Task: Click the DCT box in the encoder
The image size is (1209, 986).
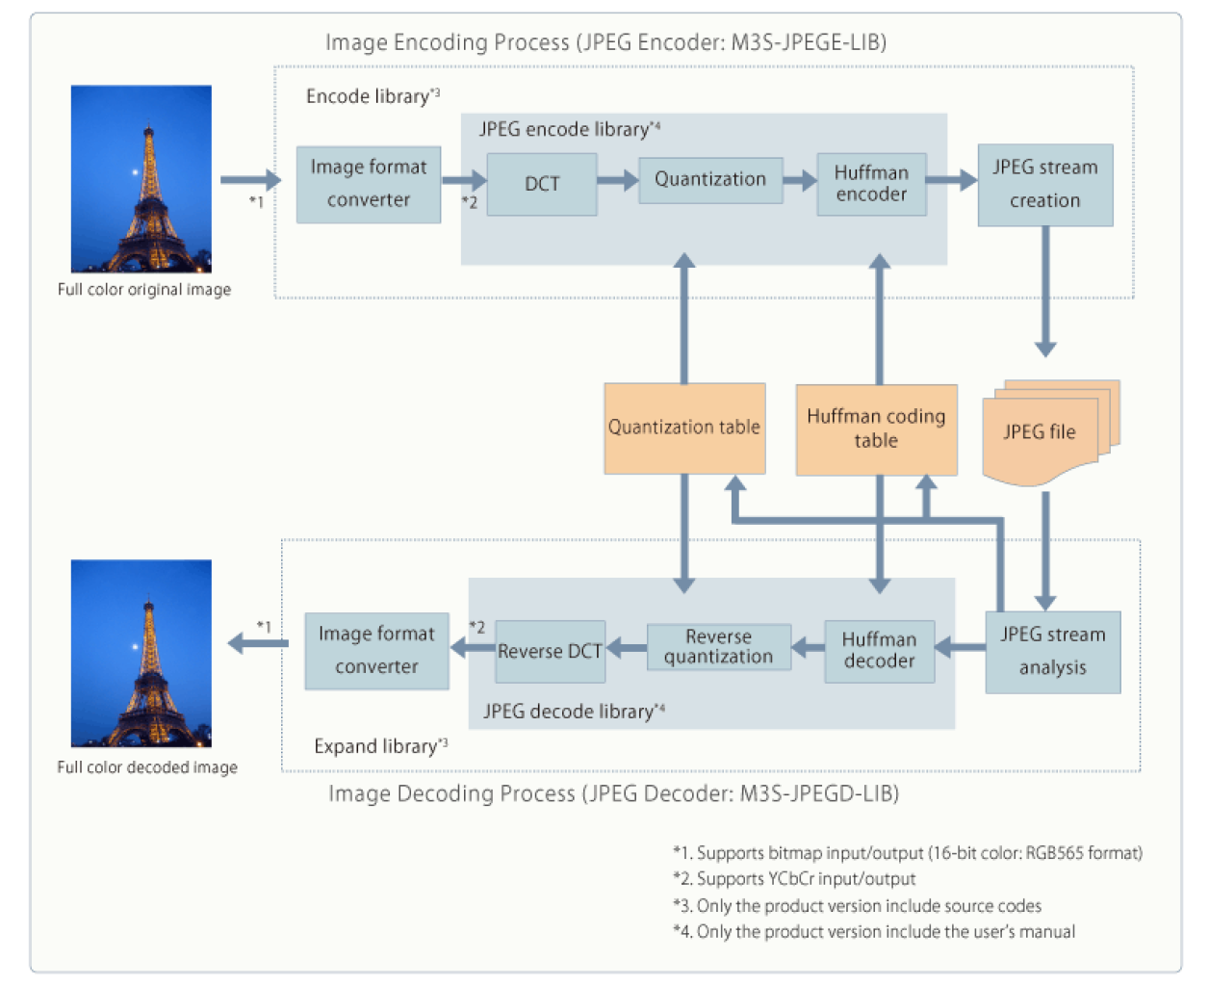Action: [x=542, y=184]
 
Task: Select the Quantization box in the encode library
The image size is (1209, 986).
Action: [x=710, y=180]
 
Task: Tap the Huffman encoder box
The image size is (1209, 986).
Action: [x=871, y=184]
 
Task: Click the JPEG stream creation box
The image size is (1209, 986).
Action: [x=1044, y=185]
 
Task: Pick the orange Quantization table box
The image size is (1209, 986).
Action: [x=684, y=428]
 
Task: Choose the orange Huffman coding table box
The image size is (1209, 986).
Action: [x=876, y=429]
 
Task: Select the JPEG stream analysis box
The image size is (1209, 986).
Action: [x=1052, y=652]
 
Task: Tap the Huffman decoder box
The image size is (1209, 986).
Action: [x=879, y=651]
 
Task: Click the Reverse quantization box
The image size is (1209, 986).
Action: [x=718, y=647]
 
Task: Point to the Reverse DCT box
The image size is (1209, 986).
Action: [x=550, y=651]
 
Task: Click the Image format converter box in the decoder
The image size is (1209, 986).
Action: [x=376, y=651]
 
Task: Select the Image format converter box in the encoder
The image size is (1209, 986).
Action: [x=368, y=184]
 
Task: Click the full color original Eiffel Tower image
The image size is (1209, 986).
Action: [x=141, y=179]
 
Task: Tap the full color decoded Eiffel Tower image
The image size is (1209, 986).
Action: [x=141, y=653]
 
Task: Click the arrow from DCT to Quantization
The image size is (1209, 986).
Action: [x=617, y=180]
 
